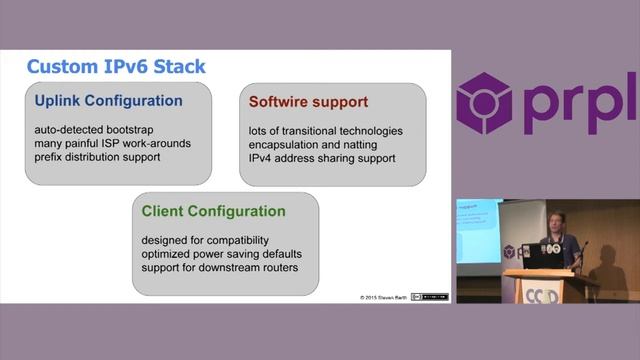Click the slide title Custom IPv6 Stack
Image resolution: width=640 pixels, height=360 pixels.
coord(115,67)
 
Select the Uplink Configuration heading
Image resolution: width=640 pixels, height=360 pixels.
coord(107,101)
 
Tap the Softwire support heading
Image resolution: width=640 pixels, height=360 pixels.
coord(308,102)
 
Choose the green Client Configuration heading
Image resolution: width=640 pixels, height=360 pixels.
coord(213,211)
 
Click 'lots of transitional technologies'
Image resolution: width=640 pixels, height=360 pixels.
coord(325,131)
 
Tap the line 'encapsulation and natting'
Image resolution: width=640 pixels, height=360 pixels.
coord(311,145)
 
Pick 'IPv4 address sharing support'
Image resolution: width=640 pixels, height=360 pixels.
coord(322,159)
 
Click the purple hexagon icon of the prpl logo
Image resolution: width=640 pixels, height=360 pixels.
coord(484,103)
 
